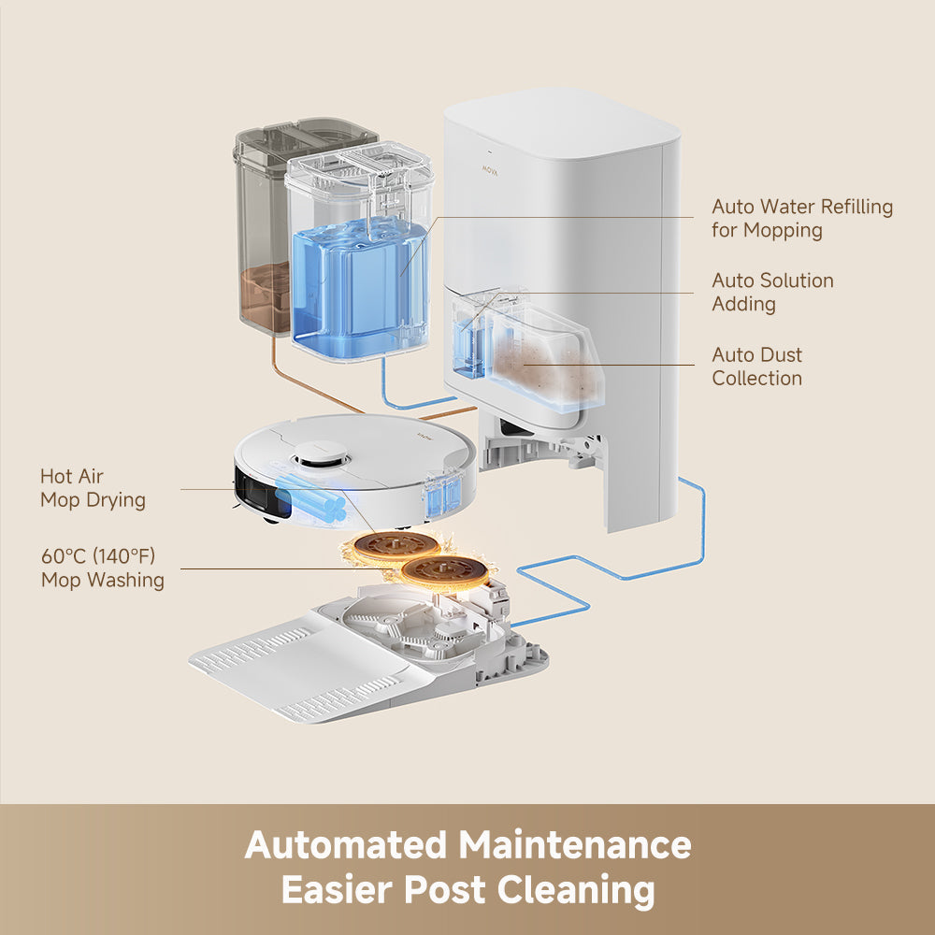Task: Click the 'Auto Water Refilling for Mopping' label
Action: (x=801, y=218)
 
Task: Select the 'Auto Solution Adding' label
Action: (x=772, y=292)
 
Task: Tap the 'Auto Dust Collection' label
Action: (x=756, y=367)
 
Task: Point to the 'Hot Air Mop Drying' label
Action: (x=93, y=488)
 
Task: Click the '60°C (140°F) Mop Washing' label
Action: (x=102, y=568)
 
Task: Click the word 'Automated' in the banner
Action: (x=345, y=845)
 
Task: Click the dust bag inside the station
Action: (x=542, y=365)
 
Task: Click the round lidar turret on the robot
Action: (x=322, y=457)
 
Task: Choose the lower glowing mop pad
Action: (x=445, y=570)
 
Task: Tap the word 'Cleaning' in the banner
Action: (x=575, y=890)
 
